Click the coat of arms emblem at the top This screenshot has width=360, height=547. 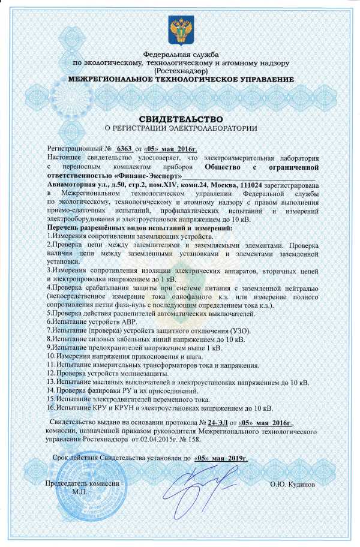tap(180, 29)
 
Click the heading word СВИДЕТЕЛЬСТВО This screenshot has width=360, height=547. tap(181, 118)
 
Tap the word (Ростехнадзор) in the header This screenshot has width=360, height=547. tap(181, 71)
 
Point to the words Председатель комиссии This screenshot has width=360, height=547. tap(83, 483)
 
